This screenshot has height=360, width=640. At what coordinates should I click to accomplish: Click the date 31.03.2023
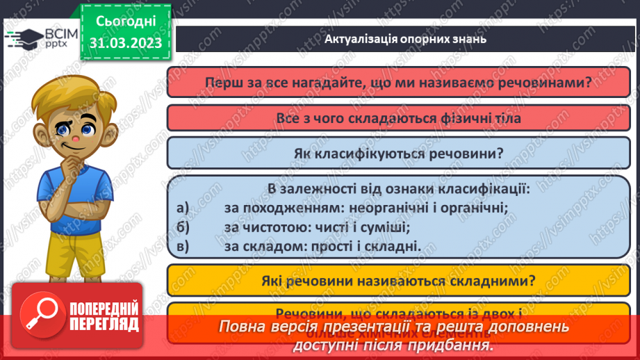click(x=126, y=43)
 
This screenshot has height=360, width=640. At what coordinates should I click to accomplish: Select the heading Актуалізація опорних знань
click(x=405, y=39)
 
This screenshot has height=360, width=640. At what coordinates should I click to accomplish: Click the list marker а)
click(x=183, y=207)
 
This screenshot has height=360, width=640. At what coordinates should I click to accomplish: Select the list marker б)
click(x=183, y=227)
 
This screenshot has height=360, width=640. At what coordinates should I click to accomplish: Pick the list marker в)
click(x=183, y=245)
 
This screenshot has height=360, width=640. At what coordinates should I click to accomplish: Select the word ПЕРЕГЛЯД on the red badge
click(x=104, y=323)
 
